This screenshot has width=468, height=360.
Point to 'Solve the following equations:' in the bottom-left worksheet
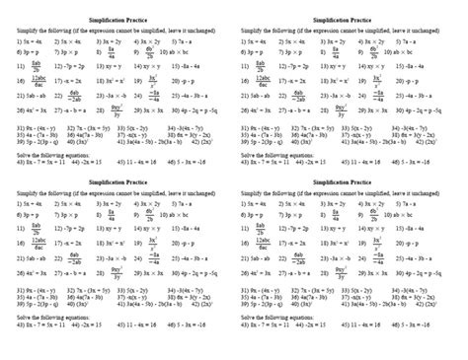[x=53, y=333]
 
